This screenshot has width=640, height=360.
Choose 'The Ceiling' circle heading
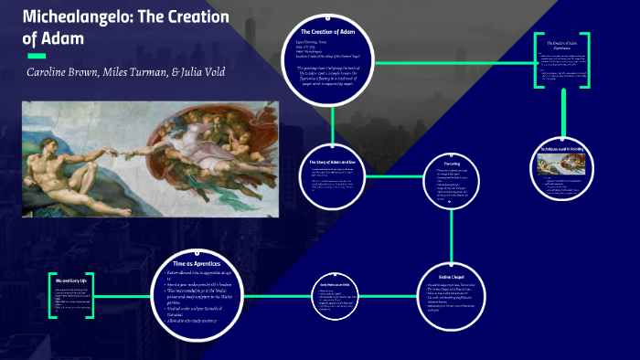tap(451, 164)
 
